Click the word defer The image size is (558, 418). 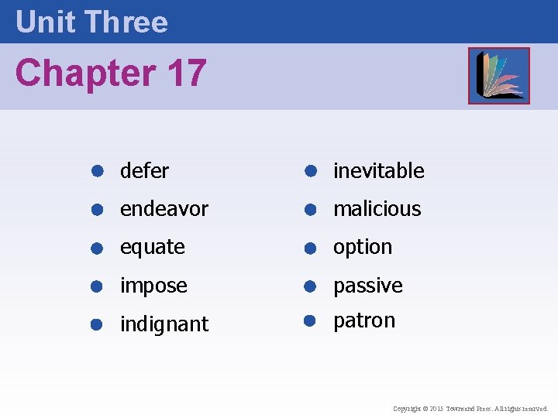coord(144,170)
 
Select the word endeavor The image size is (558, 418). coord(164,209)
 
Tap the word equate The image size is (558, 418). coord(152,248)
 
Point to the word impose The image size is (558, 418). coord(153,286)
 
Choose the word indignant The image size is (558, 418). coord(164,324)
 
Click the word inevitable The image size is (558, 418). coord(378,170)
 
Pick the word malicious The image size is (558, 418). coord(377,209)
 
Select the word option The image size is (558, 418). coord(363,248)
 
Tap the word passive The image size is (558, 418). coord(367,286)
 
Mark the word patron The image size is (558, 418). coord(364,320)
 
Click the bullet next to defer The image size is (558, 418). coord(98,170)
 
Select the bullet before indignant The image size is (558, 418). coord(98,324)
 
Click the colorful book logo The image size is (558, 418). coord(498,75)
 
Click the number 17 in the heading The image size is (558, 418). coord(186,74)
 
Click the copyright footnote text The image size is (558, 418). coord(470,408)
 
